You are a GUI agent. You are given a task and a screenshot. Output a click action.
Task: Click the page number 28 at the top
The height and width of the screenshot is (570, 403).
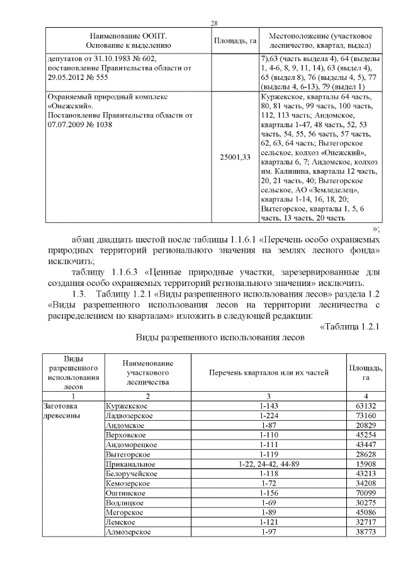click(x=213, y=23)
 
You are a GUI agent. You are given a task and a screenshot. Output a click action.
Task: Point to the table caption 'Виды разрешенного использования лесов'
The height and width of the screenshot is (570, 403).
click(x=220, y=337)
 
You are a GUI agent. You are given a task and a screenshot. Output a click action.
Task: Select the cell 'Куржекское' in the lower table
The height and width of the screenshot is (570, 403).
click(x=126, y=406)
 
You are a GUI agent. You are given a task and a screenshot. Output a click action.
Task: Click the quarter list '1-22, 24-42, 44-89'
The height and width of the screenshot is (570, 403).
click(x=268, y=463)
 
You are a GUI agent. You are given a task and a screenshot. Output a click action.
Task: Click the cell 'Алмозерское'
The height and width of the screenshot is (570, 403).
click(x=129, y=532)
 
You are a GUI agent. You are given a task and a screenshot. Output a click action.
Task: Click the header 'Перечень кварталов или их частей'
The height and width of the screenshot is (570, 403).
click(x=268, y=372)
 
